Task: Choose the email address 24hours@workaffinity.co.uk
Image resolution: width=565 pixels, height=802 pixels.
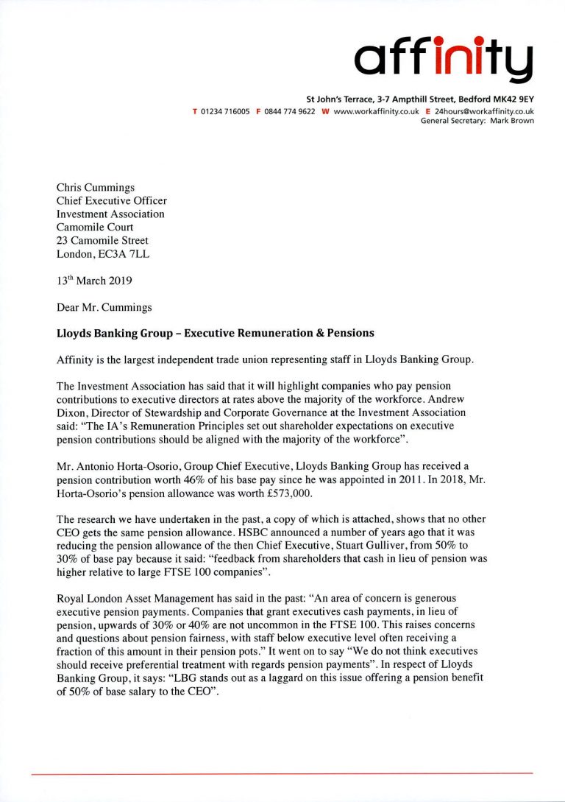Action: pyautogui.click(x=483, y=111)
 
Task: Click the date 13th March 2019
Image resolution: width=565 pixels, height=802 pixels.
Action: pyautogui.click(x=93, y=280)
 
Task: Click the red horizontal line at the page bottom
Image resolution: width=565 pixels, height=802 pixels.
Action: pyautogui.click(x=282, y=773)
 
